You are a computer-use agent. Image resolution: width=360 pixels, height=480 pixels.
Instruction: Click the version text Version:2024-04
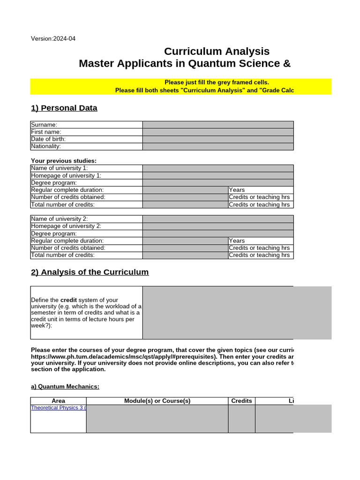pos(53,38)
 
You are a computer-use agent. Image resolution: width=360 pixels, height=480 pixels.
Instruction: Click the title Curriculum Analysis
pos(217,51)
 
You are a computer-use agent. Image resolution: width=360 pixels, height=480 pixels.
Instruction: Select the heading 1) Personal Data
pos(64,108)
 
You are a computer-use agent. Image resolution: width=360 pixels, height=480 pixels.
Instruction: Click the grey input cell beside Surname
pos(218,125)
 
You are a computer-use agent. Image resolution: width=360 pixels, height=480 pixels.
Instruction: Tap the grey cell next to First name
pos(218,132)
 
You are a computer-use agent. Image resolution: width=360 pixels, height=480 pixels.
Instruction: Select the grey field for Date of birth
pos(218,139)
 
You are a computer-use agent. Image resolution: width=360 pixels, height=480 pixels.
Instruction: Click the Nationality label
pos(46,146)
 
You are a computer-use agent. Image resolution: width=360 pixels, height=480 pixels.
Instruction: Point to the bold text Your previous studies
pos(64,161)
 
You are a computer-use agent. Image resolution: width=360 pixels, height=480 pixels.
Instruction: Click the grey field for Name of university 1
pos(218,168)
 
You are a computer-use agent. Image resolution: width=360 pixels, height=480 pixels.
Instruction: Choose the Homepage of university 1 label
pos(66,175)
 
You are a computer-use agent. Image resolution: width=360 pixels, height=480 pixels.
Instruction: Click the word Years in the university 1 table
pos(237,190)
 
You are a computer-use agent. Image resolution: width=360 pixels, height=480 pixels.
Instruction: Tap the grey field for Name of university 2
pos(218,219)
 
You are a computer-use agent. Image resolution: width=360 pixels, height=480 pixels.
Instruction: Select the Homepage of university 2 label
pos(66,226)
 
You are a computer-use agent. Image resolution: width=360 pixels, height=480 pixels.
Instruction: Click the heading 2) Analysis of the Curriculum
pos(90,272)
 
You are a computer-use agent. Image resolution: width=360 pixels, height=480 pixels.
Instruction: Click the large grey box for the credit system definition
pos(237,313)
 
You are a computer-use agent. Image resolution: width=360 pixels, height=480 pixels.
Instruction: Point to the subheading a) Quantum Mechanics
pos(65,387)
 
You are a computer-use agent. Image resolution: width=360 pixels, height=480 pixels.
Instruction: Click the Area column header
pos(59,401)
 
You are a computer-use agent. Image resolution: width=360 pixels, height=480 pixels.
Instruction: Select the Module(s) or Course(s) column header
pos(157,401)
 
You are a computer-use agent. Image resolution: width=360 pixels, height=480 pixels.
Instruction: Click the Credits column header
pos(241,401)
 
